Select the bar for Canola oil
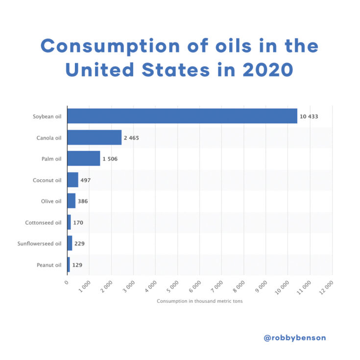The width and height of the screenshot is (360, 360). pos(94,138)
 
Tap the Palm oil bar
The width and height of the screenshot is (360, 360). pos(83,159)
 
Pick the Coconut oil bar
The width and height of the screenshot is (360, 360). pos(72,180)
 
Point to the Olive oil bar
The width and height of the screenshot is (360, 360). pos(71,201)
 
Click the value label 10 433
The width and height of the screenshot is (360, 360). pos(309,117)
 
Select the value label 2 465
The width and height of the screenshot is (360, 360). pos(131,138)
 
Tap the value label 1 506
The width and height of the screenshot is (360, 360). pos(110,159)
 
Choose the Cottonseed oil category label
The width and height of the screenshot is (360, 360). pos(43,223)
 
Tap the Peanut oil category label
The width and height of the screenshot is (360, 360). pos(49,265)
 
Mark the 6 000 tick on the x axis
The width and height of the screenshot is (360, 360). pos(196,284)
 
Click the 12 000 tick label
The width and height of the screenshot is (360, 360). pos(328,285)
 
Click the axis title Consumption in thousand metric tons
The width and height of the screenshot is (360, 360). pos(199,301)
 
